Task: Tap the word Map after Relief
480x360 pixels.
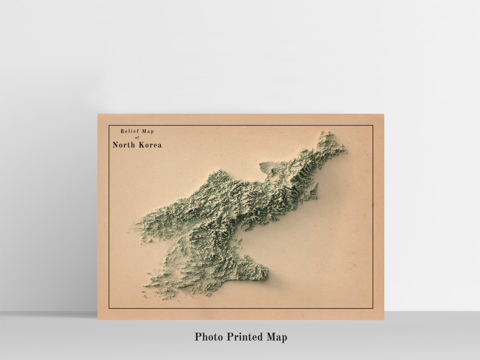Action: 148,131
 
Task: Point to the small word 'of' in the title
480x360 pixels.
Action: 137,137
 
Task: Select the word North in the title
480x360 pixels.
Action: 124,145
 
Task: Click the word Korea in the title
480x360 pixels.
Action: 150,145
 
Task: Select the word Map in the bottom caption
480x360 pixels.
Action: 277,337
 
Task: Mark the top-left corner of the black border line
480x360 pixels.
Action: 109,126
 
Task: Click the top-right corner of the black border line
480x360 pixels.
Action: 373,126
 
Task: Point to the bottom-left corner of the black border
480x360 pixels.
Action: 109,309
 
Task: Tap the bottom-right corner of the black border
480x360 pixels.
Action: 373,309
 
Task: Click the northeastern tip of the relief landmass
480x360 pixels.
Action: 327,133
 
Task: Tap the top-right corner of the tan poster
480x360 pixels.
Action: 384,114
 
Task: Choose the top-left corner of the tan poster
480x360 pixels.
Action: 98,114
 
